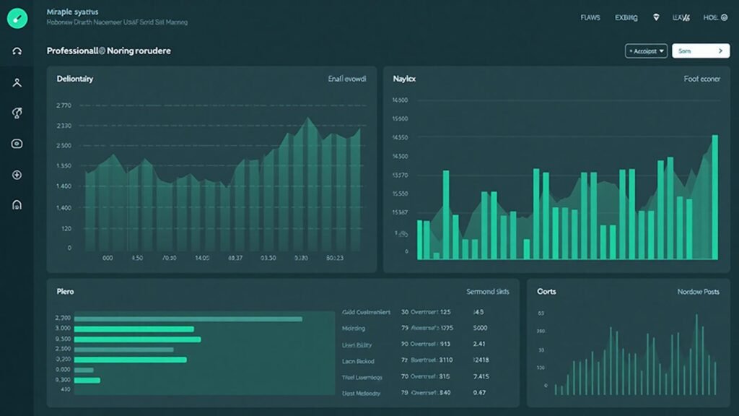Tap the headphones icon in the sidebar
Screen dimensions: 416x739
pyautogui.click(x=17, y=51)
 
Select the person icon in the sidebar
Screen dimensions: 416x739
pyautogui.click(x=17, y=82)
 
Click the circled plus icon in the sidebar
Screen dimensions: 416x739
pyautogui.click(x=17, y=175)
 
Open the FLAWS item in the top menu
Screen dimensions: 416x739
pyautogui.click(x=590, y=18)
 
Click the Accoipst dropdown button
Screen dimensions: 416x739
pyautogui.click(x=645, y=51)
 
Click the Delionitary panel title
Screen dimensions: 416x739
pyautogui.click(x=74, y=79)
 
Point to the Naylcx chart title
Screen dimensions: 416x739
pyautogui.click(x=405, y=79)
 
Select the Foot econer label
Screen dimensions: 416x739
pyautogui.click(x=701, y=79)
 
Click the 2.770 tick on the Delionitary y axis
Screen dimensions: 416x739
pyautogui.click(x=64, y=105)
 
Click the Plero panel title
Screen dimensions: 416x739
pyautogui.click(x=65, y=292)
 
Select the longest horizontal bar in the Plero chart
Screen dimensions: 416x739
pyautogui.click(x=188, y=318)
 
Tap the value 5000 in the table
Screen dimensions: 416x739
pyautogui.click(x=480, y=328)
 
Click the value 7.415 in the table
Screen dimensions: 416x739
pyautogui.click(x=481, y=376)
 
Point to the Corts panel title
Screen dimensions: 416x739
pyautogui.click(x=546, y=292)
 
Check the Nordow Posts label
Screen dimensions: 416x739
pyautogui.click(x=698, y=292)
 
